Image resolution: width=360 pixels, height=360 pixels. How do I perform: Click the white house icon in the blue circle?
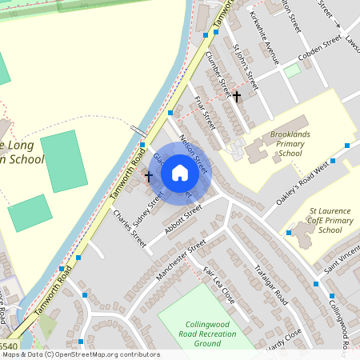(x=180, y=172)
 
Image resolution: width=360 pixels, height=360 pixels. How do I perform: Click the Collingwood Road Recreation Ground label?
(x=195, y=332)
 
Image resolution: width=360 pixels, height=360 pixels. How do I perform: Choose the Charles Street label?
(x=130, y=228)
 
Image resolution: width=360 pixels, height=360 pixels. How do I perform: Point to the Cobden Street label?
(x=319, y=49)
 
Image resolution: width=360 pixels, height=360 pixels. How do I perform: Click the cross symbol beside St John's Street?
(x=237, y=96)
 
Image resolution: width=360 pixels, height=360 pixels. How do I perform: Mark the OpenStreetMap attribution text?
(x=81, y=354)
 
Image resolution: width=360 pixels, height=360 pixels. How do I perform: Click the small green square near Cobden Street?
(x=293, y=70)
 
